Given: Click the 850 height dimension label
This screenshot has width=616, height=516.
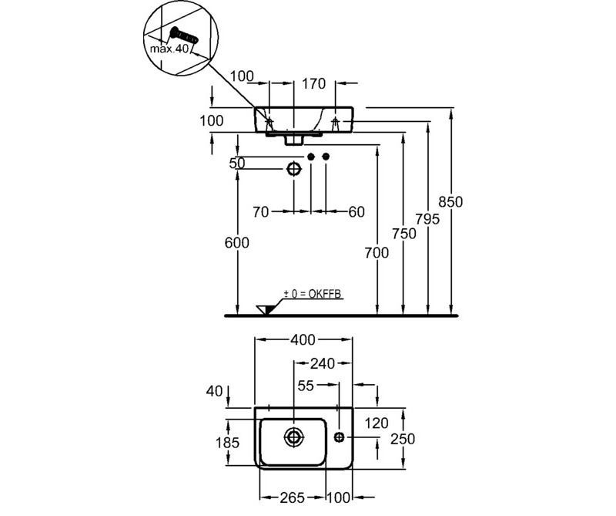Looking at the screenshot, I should [x=450, y=202].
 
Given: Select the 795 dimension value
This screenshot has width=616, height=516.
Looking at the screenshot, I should [x=427, y=219].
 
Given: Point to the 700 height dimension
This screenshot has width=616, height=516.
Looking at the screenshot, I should [x=376, y=251].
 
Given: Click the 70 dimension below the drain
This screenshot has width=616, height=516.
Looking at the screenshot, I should [x=261, y=212].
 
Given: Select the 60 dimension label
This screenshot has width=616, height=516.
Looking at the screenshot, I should [x=356, y=212].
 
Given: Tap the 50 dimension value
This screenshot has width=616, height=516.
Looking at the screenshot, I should [x=237, y=164].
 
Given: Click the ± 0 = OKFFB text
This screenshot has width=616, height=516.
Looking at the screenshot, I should [x=312, y=294].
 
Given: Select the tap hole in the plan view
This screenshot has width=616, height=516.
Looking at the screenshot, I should [x=339, y=437].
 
